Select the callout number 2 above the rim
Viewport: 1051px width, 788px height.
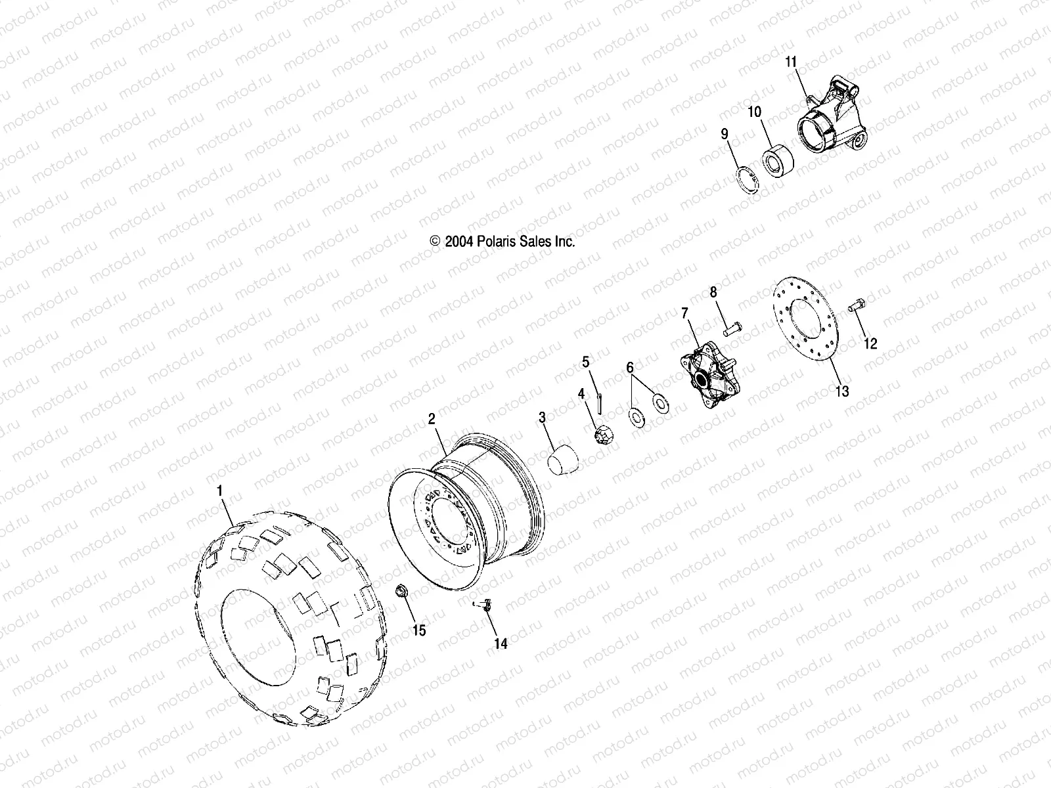(x=432, y=419)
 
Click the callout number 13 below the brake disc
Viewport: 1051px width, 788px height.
(x=841, y=391)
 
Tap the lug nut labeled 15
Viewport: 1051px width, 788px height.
(x=400, y=592)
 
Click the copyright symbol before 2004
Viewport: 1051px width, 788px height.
(x=434, y=241)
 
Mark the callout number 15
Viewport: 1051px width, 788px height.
(x=418, y=630)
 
